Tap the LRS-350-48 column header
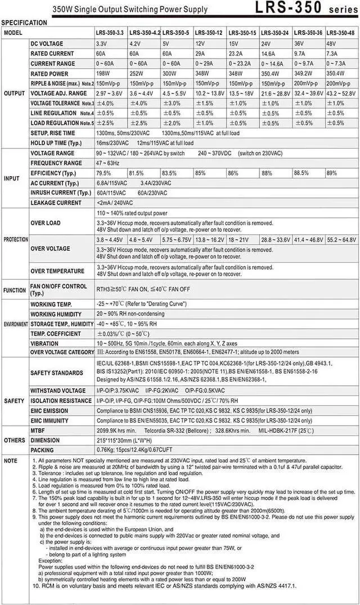click(x=341, y=33)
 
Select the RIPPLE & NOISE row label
click(x=62, y=83)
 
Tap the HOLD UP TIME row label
click(x=56, y=143)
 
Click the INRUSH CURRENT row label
click(x=61, y=193)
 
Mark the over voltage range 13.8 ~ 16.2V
click(x=209, y=240)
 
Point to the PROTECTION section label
click(x=16, y=240)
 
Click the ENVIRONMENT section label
click(x=16, y=325)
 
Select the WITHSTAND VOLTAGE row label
click(x=58, y=390)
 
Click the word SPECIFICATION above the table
click(x=24, y=23)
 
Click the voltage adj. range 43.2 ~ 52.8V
click(x=341, y=93)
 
